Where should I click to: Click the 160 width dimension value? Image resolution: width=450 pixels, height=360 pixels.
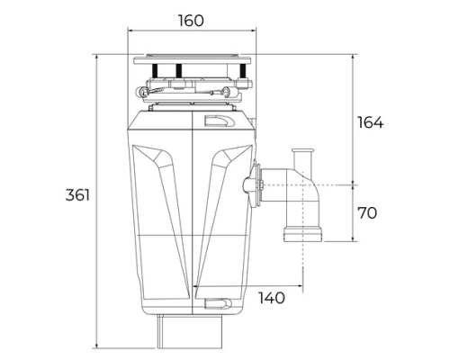point(191,21)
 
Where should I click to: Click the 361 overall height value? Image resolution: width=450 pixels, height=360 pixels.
point(77,195)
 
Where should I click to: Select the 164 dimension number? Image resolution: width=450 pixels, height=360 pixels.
point(371,122)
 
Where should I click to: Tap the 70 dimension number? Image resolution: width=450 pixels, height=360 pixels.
point(367,213)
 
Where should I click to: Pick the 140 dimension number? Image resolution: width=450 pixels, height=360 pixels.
point(272,298)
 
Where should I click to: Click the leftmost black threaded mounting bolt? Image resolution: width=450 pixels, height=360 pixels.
point(155,71)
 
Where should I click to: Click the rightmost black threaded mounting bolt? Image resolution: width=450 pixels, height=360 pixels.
point(242,71)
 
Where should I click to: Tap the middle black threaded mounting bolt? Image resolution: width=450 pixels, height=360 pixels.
point(179,71)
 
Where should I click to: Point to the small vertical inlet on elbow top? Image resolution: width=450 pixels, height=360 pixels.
point(303,158)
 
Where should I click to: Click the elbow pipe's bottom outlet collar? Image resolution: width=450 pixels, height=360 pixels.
point(303,234)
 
